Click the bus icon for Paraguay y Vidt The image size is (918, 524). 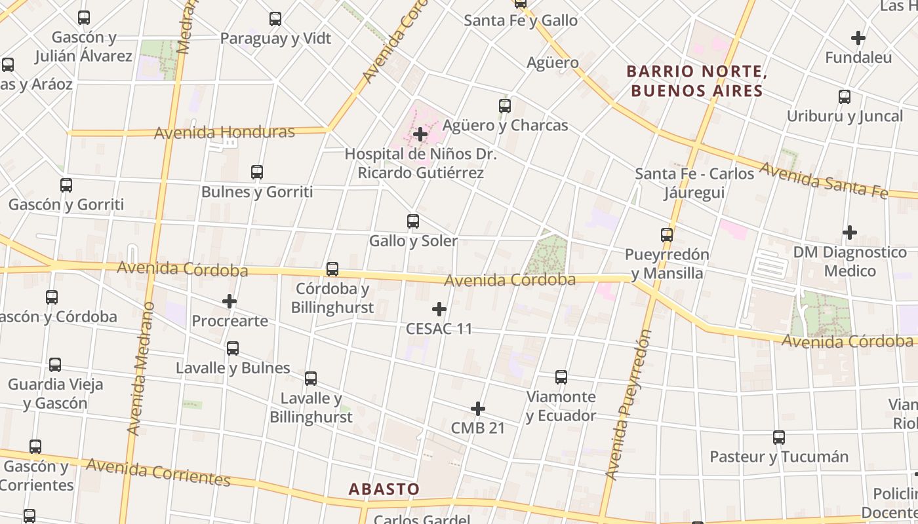point(275,19)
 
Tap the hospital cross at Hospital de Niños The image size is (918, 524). point(420,134)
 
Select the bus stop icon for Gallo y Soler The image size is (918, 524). point(413,221)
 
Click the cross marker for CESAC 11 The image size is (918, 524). point(439,309)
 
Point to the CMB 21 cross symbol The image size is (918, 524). point(478,409)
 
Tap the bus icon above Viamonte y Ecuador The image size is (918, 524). point(561,377)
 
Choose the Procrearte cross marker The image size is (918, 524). point(229,301)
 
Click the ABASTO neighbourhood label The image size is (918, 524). point(384,489)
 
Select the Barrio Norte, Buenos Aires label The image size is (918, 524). point(696,81)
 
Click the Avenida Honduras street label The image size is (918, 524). point(224,132)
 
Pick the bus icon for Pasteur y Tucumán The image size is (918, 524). point(779,437)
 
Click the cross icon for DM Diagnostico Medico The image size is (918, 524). point(850,233)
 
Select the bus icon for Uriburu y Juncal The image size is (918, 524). point(845,97)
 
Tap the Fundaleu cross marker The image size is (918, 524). point(858,38)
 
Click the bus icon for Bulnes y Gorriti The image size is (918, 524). point(257,172)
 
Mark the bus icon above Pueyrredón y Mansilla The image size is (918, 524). point(667,234)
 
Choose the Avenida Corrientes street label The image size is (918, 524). point(158,472)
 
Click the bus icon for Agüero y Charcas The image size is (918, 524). point(505,105)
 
